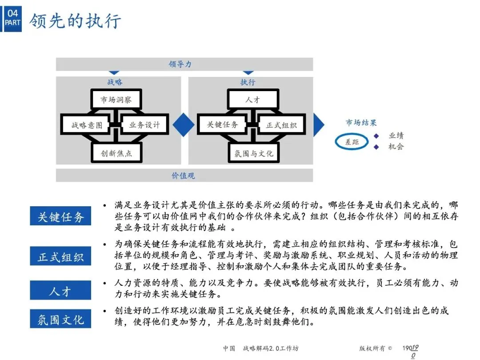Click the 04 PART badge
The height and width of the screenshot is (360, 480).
12,18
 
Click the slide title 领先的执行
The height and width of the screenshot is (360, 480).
76,21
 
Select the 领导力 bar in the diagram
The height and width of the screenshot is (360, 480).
184,64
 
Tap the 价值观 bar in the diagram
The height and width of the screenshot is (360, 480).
184,176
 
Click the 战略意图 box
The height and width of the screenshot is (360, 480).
87,125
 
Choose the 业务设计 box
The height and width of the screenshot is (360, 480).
144,125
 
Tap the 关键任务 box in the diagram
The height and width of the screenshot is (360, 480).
223,125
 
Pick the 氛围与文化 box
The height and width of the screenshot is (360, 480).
254,153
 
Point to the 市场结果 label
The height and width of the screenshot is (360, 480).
361,123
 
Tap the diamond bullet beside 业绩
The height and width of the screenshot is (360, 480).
376,136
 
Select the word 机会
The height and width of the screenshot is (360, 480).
396,146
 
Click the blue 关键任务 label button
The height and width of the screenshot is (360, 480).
60,216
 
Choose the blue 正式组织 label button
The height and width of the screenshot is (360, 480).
60,256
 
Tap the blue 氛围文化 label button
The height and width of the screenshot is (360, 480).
60,319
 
